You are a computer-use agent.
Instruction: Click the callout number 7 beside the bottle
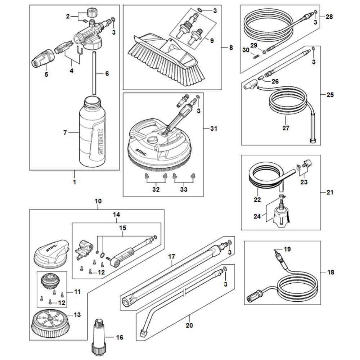tap(65, 133)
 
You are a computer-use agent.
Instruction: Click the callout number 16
tap(120, 337)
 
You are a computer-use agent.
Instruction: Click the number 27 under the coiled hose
tap(286, 128)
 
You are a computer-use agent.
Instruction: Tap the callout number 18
tap(330, 272)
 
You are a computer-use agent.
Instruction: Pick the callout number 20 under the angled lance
tap(189, 326)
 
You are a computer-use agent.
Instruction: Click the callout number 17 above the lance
tap(171, 257)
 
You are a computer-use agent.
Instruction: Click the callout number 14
tap(116, 215)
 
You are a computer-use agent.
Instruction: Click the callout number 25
tap(330, 95)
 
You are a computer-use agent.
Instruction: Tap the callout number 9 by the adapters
tap(212, 41)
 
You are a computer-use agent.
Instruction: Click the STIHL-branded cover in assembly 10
tap(50, 252)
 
